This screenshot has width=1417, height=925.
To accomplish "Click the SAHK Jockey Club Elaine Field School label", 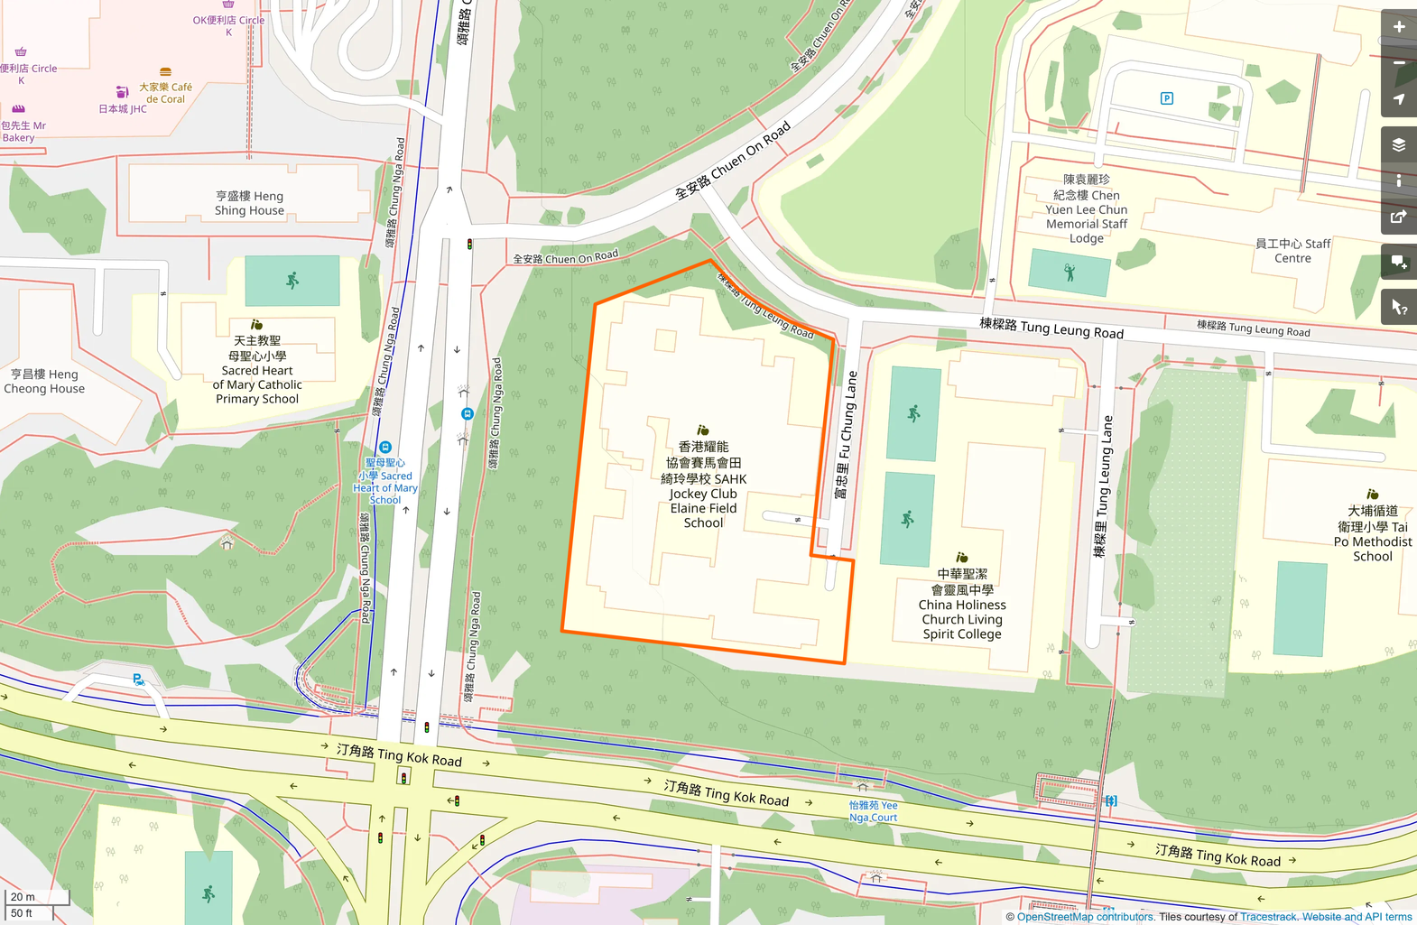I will coord(703,485).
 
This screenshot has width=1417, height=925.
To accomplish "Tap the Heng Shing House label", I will coord(249,203).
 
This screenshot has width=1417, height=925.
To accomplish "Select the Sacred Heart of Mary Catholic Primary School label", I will coord(257,370).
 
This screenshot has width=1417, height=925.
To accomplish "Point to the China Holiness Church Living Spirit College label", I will coord(962,604).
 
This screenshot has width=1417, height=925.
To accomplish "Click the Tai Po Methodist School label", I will coord(1372,533).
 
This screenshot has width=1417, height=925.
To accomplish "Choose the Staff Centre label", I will coord(1292,251).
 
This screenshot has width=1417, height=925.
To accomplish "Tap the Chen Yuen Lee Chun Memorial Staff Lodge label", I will coord(1087,209).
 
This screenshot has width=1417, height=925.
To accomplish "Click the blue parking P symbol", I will coord(1167,98).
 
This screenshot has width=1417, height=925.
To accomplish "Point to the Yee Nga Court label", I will coord(873,811).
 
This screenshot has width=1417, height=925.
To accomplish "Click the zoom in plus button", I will coord(1398,27).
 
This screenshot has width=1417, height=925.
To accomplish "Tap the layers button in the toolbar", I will coord(1398,144).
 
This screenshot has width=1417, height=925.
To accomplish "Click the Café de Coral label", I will coord(165,92).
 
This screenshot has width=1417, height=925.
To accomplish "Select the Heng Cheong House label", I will coord(44,382).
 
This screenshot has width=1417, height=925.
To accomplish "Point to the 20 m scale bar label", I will coord(23,897).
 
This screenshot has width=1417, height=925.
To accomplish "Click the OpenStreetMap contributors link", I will coord(1085,917).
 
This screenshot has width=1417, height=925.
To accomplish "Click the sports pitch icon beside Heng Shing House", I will coord(292,281).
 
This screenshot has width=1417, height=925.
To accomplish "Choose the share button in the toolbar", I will coord(1398,217).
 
